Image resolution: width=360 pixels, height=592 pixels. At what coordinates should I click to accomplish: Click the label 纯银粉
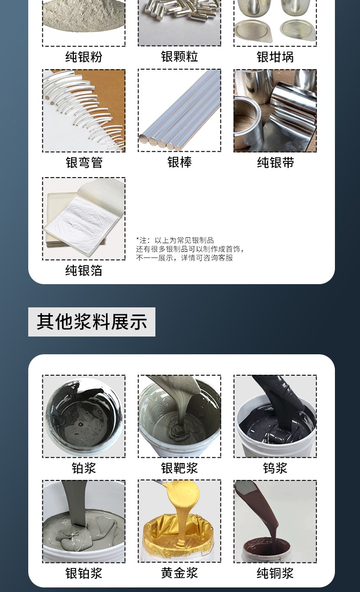[x=83, y=57]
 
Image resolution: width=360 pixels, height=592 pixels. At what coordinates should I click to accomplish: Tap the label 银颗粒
[x=180, y=56]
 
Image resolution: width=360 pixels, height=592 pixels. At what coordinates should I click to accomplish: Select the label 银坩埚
[x=275, y=57]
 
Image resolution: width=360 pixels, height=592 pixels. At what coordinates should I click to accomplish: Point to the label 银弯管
[x=84, y=162]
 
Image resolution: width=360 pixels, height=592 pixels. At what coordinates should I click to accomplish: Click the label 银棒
[x=180, y=162]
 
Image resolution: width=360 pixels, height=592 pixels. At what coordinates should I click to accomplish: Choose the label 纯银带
[x=275, y=162]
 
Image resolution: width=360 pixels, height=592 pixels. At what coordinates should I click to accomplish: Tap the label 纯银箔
[x=83, y=270]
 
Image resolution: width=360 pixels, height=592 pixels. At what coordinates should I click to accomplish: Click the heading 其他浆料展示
[x=92, y=322]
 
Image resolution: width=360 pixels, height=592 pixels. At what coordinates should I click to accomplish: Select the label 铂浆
[x=83, y=468]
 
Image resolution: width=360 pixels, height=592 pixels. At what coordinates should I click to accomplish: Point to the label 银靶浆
[x=180, y=468]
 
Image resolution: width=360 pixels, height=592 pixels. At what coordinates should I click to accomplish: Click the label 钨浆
[x=275, y=468]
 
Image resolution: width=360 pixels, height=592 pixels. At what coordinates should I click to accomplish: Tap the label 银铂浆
[x=83, y=573]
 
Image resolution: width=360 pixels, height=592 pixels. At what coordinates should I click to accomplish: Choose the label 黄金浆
[x=180, y=573]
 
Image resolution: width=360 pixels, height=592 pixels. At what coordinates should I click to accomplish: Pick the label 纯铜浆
[x=275, y=573]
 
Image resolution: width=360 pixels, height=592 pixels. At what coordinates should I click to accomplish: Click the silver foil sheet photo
[x=84, y=219]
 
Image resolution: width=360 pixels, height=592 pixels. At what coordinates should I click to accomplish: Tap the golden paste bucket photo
[x=180, y=521]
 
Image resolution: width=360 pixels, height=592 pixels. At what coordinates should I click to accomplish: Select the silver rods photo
[x=180, y=111]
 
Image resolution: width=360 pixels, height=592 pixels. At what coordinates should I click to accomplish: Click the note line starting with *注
[x=175, y=240]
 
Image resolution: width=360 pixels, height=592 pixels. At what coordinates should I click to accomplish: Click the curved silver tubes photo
[x=84, y=111]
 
